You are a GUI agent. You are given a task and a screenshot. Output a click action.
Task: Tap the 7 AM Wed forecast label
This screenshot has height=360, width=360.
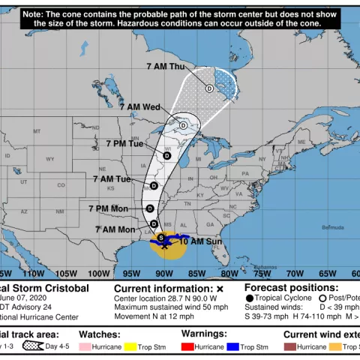[x=139, y=106]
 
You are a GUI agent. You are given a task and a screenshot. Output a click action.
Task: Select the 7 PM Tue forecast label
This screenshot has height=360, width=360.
[x=124, y=143]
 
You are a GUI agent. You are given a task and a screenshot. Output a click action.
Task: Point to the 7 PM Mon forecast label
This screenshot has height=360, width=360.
[x=108, y=208]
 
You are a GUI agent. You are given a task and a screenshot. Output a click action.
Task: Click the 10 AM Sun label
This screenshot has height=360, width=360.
[x=199, y=241]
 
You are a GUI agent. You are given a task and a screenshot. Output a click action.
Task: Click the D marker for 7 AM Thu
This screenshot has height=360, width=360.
[x=209, y=88]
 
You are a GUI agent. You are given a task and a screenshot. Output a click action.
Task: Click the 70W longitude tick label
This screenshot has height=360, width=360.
[x=294, y=273]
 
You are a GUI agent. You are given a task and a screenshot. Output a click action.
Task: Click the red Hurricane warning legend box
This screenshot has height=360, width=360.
[x=187, y=347]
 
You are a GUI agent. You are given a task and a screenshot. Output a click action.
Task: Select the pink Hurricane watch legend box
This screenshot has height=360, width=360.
[x=85, y=347]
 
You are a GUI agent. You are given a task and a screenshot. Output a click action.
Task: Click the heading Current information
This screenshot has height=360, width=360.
[x=163, y=288]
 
